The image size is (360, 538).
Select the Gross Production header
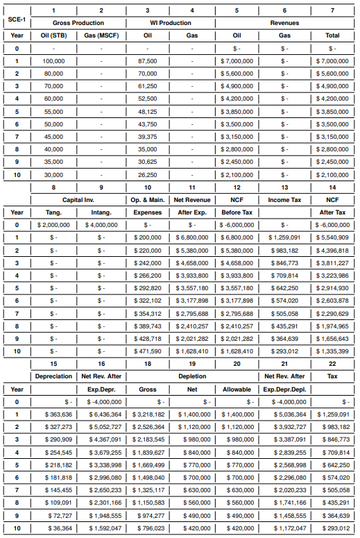(x=78, y=23)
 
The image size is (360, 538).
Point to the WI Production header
(x=170, y=23)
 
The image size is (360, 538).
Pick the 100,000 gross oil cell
(x=55, y=60)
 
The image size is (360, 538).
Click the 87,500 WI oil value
(x=148, y=60)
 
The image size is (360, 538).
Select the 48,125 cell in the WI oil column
(x=148, y=111)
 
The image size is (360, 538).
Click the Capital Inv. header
(x=78, y=200)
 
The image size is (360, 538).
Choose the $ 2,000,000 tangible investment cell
(x=53, y=225)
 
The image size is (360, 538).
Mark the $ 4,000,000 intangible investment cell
(x=101, y=225)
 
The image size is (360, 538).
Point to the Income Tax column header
(x=285, y=200)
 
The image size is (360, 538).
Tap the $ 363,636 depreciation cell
(x=53, y=414)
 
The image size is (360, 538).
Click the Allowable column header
(x=238, y=389)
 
